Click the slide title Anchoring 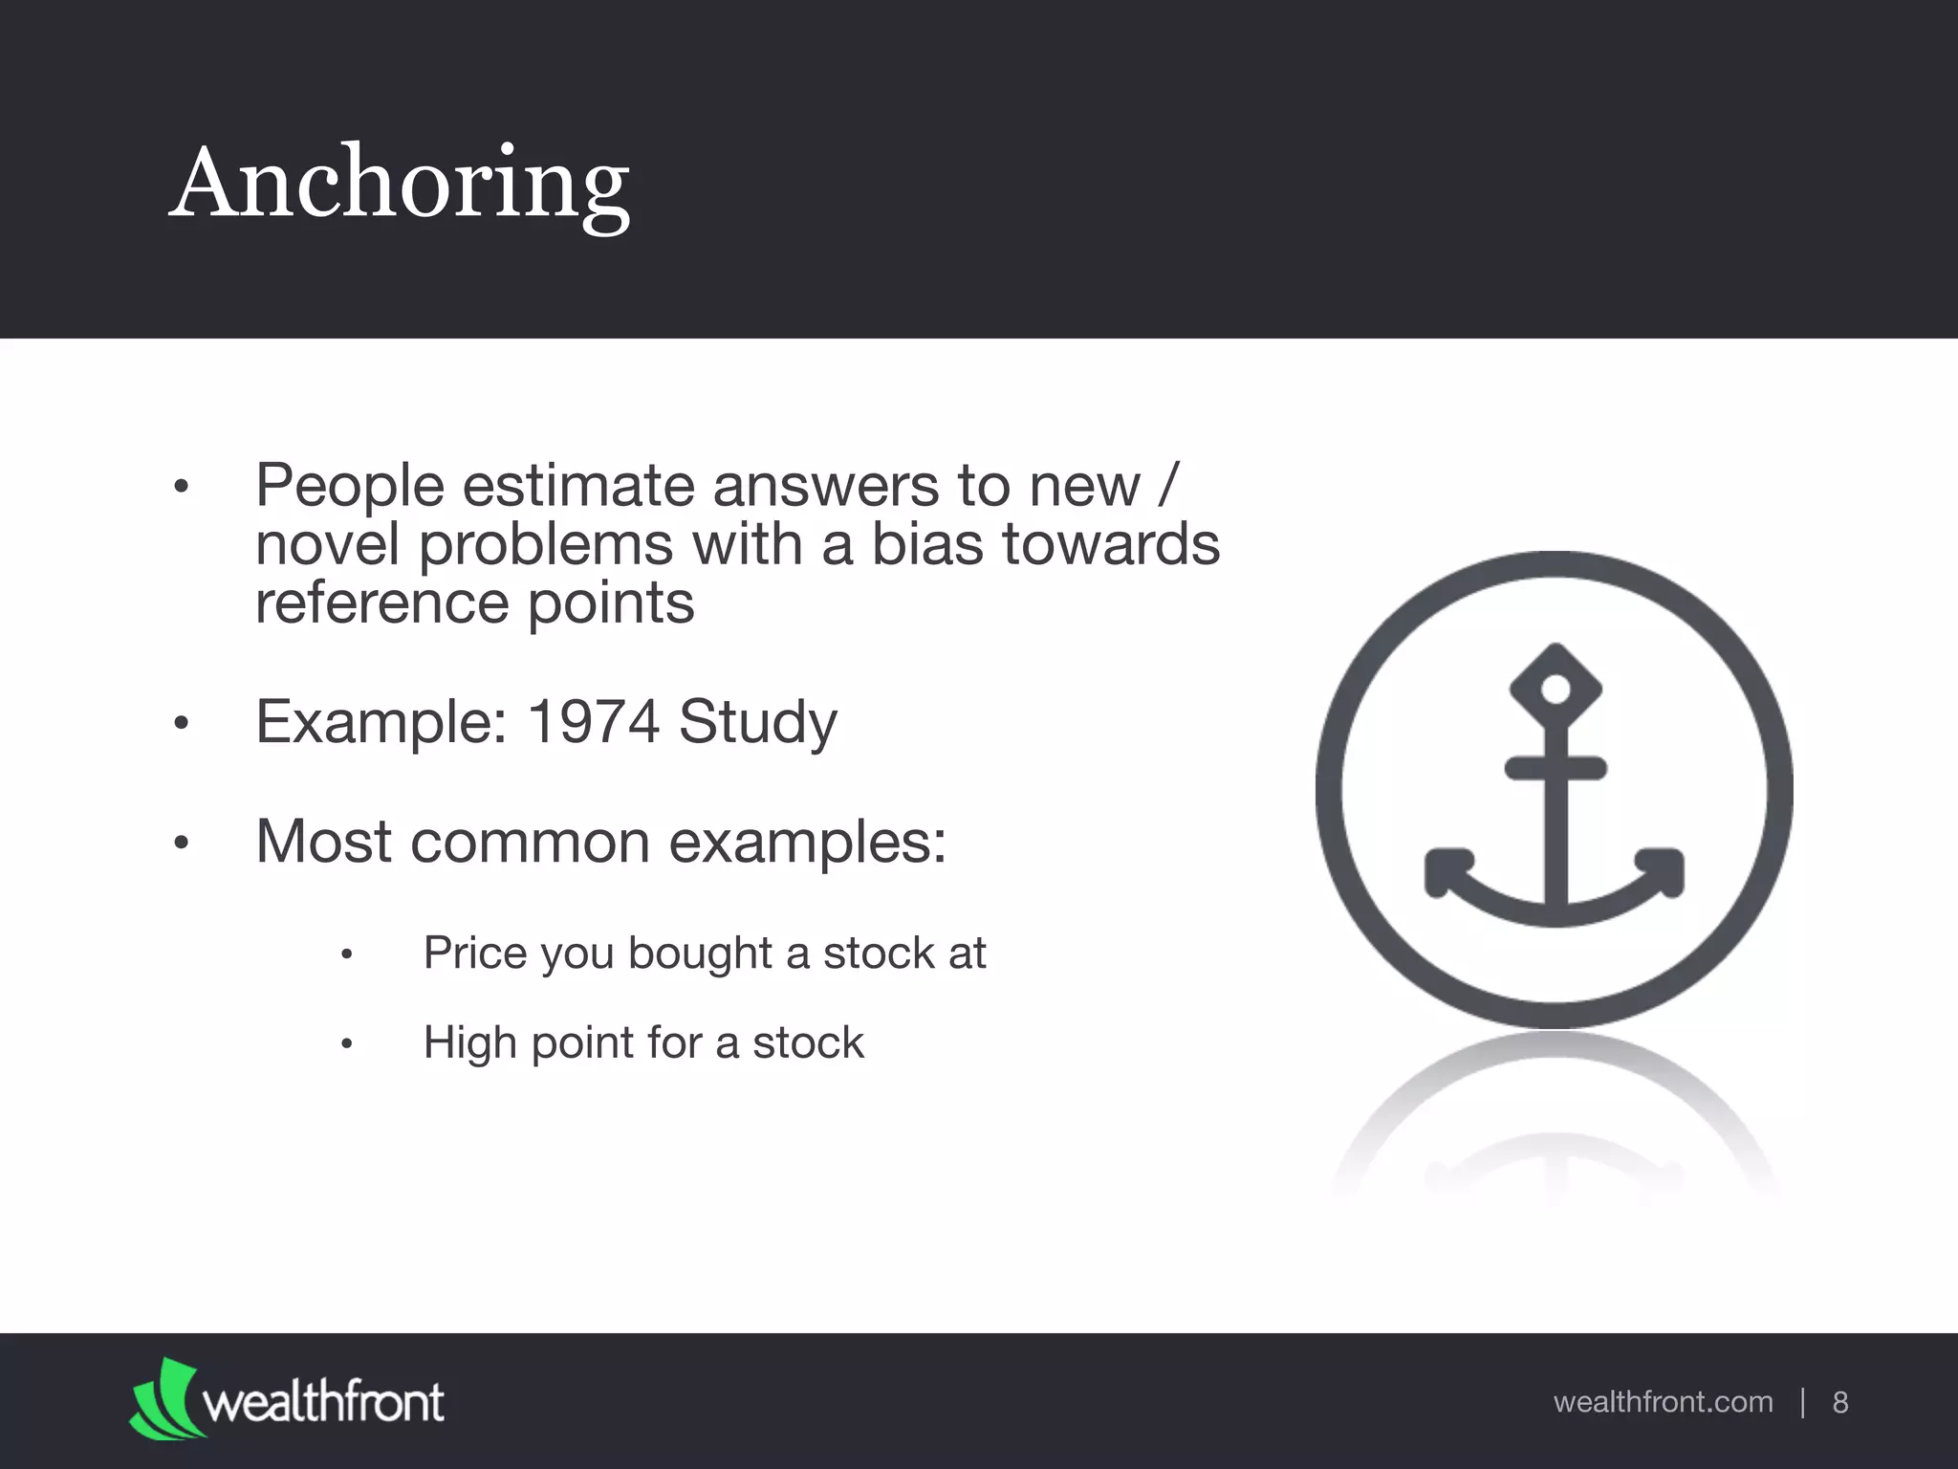click(399, 184)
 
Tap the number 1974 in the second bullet click(593, 721)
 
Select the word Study click(757, 723)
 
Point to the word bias click(926, 544)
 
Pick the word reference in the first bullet click(381, 603)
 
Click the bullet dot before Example click(182, 724)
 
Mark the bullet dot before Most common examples click(182, 844)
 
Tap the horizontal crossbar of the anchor click(1556, 768)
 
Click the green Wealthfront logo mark click(164, 1400)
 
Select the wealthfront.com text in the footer click(1663, 1402)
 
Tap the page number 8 click(1839, 1402)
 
